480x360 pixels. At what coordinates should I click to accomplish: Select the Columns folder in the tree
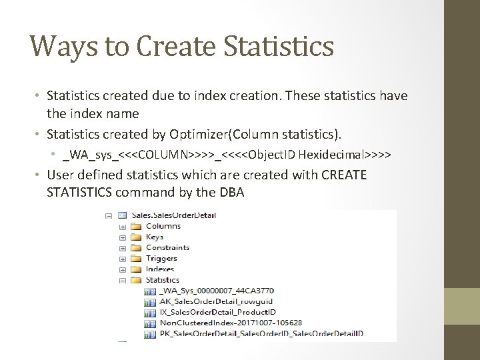(x=163, y=226)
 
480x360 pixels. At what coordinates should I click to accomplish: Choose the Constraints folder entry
(x=167, y=247)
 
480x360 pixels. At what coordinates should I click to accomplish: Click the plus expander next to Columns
(x=123, y=226)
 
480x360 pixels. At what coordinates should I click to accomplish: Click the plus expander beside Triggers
(x=123, y=258)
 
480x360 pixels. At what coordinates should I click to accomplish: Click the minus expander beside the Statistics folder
(x=123, y=280)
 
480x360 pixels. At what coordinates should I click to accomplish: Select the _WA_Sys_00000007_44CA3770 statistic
(x=217, y=291)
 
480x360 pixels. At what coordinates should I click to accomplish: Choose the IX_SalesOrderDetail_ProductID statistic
(x=219, y=312)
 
